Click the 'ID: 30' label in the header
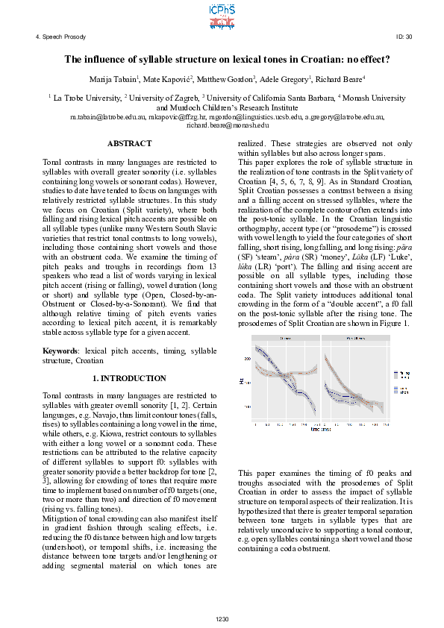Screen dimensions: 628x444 pyautogui.click(x=404, y=37)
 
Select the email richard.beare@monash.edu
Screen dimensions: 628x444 pyautogui.click(x=222, y=125)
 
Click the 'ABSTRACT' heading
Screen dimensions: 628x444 pyautogui.click(x=129, y=143)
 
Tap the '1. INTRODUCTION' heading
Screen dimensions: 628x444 pyautogui.click(x=129, y=378)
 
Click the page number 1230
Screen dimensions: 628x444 pyautogui.click(x=222, y=618)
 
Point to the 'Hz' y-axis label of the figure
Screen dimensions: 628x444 pyautogui.click(x=243, y=382)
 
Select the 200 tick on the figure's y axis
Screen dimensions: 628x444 pyautogui.click(x=248, y=359)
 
